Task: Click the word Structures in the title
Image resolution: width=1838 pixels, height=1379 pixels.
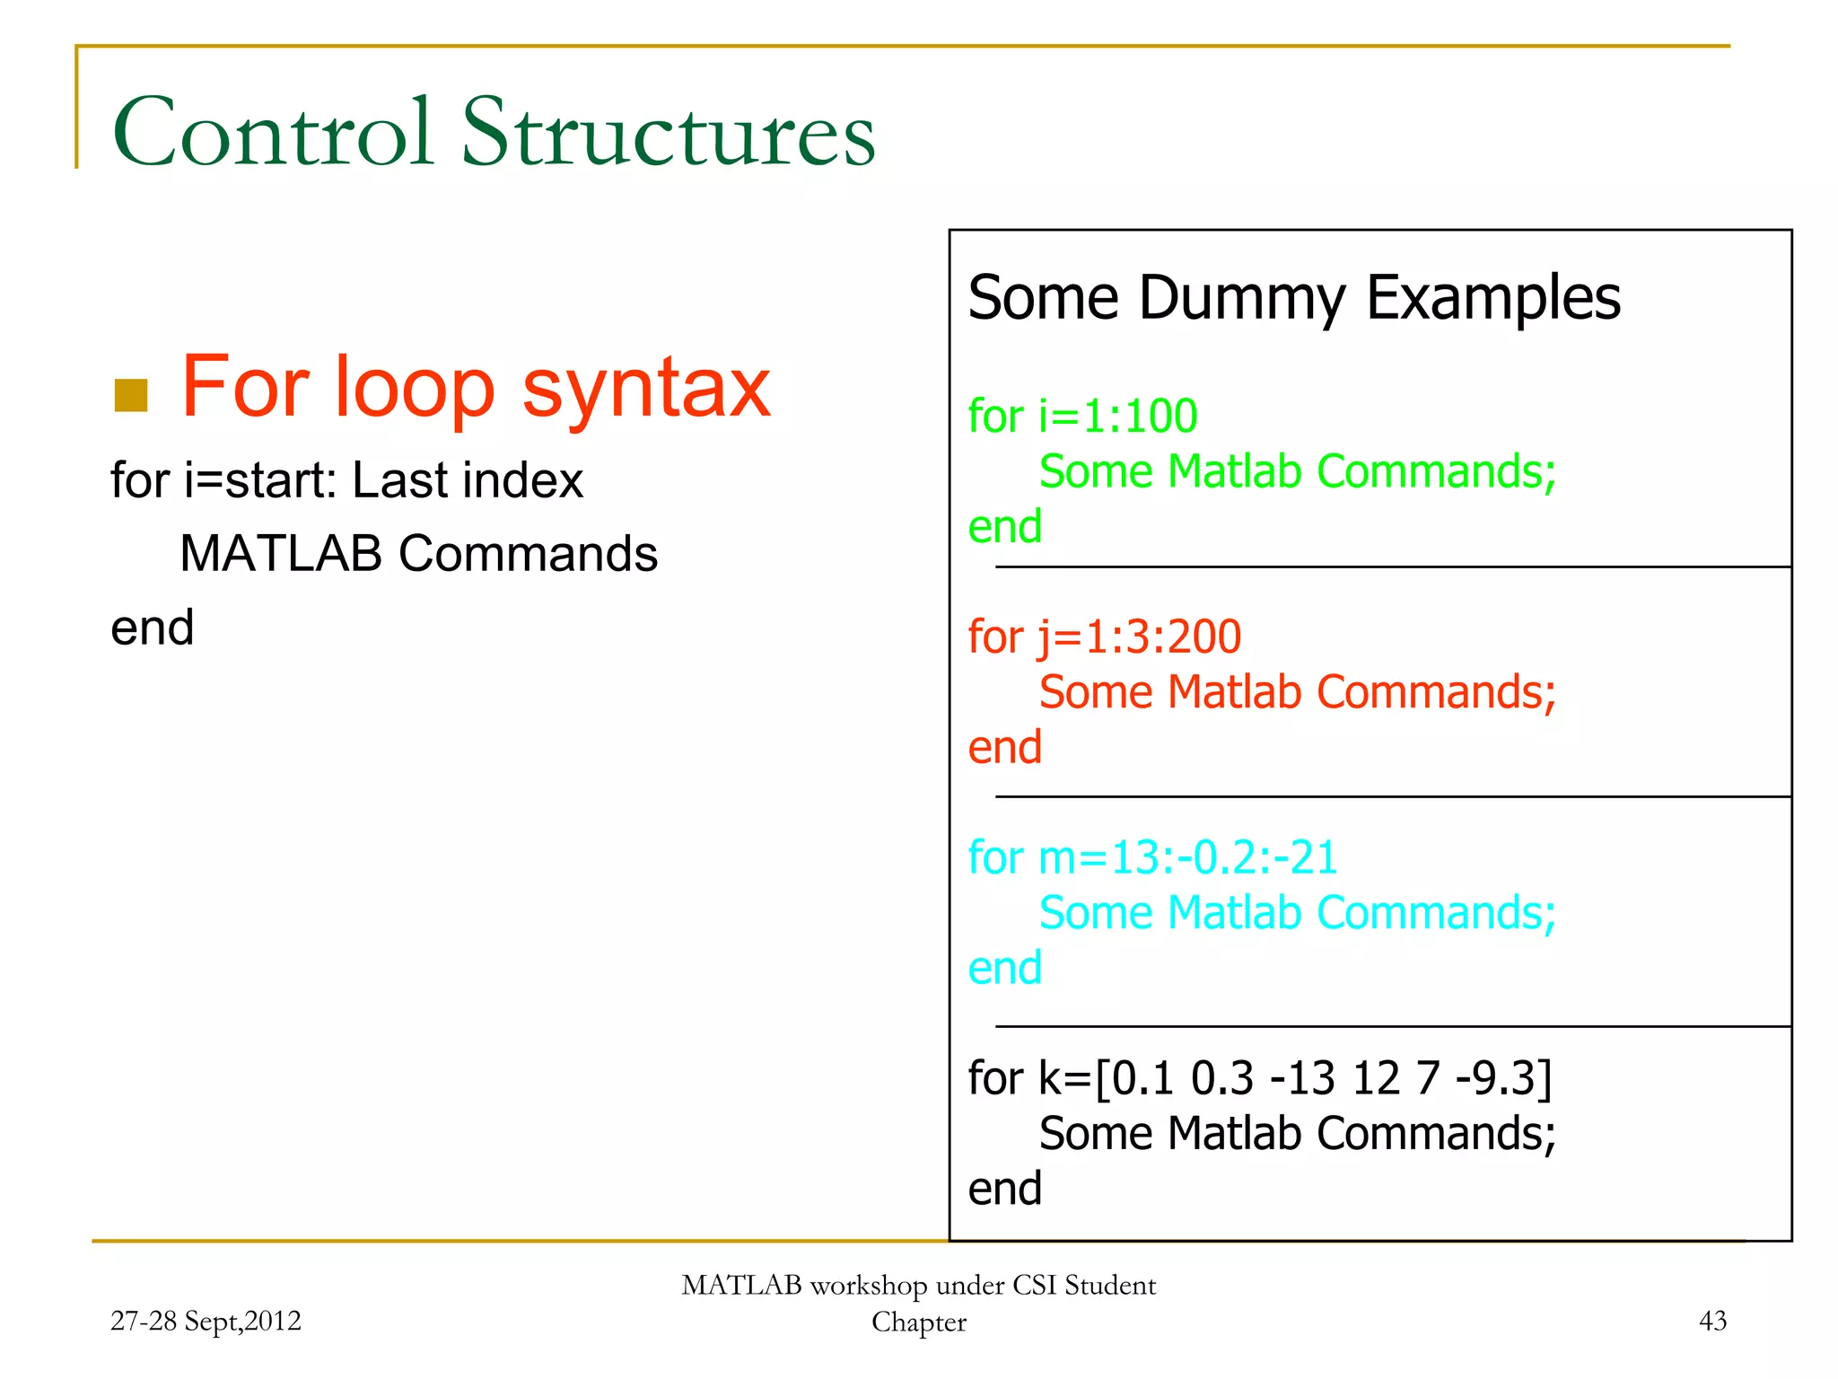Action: coord(668,133)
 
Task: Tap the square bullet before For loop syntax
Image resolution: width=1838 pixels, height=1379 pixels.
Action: coord(131,395)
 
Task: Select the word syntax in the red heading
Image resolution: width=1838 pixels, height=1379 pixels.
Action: coord(646,388)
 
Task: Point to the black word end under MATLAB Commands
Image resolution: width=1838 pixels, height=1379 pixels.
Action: coord(152,627)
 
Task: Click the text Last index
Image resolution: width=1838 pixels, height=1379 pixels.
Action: coord(467,480)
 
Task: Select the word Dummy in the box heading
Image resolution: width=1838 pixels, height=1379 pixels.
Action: coord(1242,298)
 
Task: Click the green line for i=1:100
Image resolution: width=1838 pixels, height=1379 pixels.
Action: coord(1082,417)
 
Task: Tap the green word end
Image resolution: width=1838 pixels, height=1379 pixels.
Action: coord(1004,526)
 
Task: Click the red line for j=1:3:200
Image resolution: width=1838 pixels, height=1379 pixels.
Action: coord(1104,637)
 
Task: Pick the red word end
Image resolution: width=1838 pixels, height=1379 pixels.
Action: coord(1004,747)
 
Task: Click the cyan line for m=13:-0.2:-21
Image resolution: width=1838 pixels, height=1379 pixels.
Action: coord(1152,857)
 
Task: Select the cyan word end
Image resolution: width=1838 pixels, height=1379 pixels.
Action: coord(1004,968)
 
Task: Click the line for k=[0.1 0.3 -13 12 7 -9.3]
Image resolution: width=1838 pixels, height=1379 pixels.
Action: coord(1260,1078)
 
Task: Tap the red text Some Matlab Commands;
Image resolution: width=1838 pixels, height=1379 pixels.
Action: coord(1297,692)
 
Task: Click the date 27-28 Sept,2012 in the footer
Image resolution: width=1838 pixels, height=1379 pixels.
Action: coord(206,1321)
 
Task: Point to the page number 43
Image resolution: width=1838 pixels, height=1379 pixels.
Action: coord(1712,1321)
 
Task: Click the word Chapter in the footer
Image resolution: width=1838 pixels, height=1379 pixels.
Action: coord(918,1322)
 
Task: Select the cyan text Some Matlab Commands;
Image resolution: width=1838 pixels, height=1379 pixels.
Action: coord(1297,913)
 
